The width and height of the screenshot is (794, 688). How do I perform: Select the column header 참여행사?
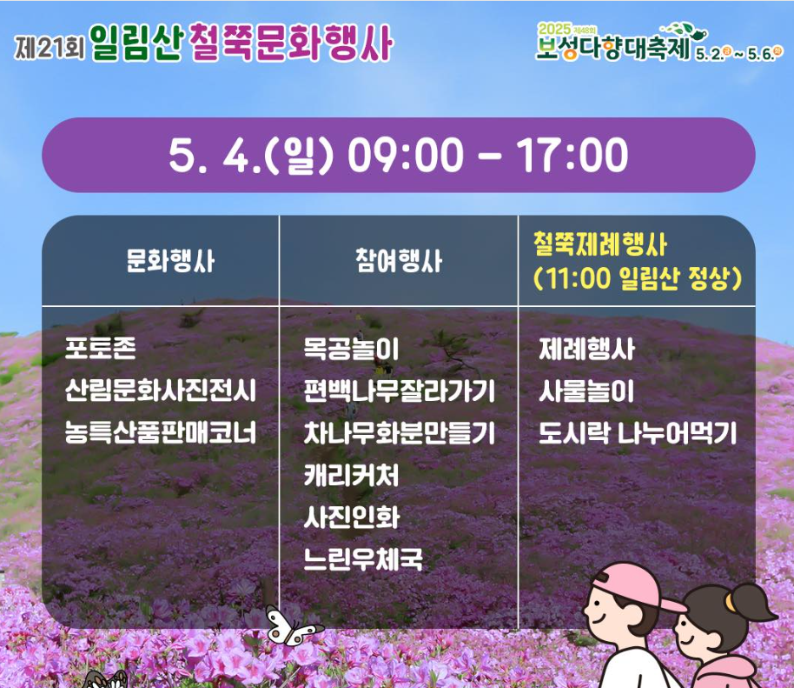pyautogui.click(x=399, y=261)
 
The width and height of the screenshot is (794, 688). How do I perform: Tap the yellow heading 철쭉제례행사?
pyautogui.click(x=600, y=244)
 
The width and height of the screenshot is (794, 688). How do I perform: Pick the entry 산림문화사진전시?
pyautogui.click(x=161, y=391)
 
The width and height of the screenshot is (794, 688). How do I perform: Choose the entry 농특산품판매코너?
pyautogui.click(x=161, y=432)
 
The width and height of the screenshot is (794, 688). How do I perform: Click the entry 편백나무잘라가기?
pyautogui.click(x=399, y=391)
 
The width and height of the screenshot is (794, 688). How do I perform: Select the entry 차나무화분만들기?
pyautogui.click(x=399, y=432)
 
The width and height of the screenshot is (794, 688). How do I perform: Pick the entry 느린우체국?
pyautogui.click(x=363, y=559)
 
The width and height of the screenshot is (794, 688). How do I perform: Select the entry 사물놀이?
pyautogui.click(x=586, y=391)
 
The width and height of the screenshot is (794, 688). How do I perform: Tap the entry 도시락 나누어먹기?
pyautogui.click(x=638, y=432)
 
